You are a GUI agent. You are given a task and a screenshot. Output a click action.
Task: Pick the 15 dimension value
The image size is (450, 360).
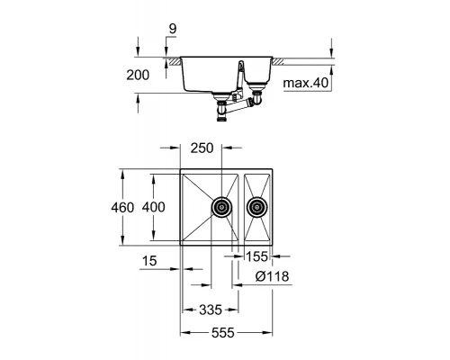point(149,261)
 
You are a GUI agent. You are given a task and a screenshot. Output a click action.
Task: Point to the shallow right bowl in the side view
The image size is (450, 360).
point(258,72)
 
